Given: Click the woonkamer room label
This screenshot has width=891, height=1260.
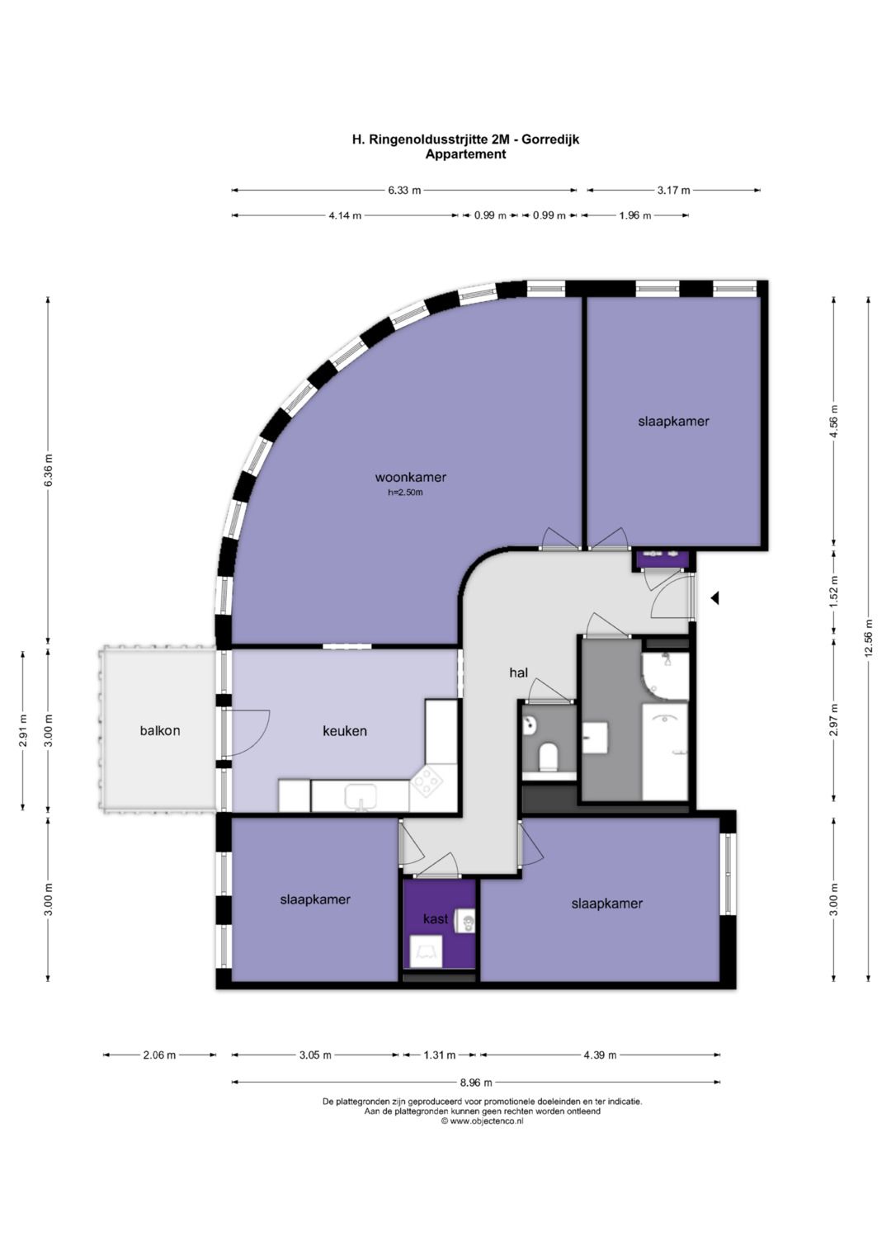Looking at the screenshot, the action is pos(411,478).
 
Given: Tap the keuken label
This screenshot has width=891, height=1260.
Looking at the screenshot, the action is pos(345,731).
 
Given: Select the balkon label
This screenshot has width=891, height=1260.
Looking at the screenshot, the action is pos(160,731).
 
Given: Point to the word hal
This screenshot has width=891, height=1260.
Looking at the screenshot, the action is pos(519,672).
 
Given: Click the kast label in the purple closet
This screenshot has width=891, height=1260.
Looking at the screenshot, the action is pos(436,918).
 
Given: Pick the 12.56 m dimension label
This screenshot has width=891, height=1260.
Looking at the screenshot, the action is pos(869,638).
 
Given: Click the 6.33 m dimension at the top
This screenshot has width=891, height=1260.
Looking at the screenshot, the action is pos(404,190).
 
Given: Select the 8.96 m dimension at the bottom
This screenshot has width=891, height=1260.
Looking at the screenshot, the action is pos(475,1082).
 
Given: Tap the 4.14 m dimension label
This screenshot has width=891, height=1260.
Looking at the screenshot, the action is pos(346,215).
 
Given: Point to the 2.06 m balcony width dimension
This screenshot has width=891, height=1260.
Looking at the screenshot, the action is pos(159,1055).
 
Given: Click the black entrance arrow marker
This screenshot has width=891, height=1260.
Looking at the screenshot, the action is pos(714,598).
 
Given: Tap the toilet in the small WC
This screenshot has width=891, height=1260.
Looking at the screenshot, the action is pos(547,757).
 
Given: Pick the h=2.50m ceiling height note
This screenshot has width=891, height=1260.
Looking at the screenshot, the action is pos(405,492).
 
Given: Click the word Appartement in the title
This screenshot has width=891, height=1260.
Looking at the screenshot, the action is pos(466,154).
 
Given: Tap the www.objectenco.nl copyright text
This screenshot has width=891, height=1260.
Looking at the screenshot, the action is pos(482,1121).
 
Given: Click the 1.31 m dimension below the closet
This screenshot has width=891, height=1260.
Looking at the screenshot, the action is pos(439,1055).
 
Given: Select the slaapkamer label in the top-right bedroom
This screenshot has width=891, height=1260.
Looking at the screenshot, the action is pos(673,422).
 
